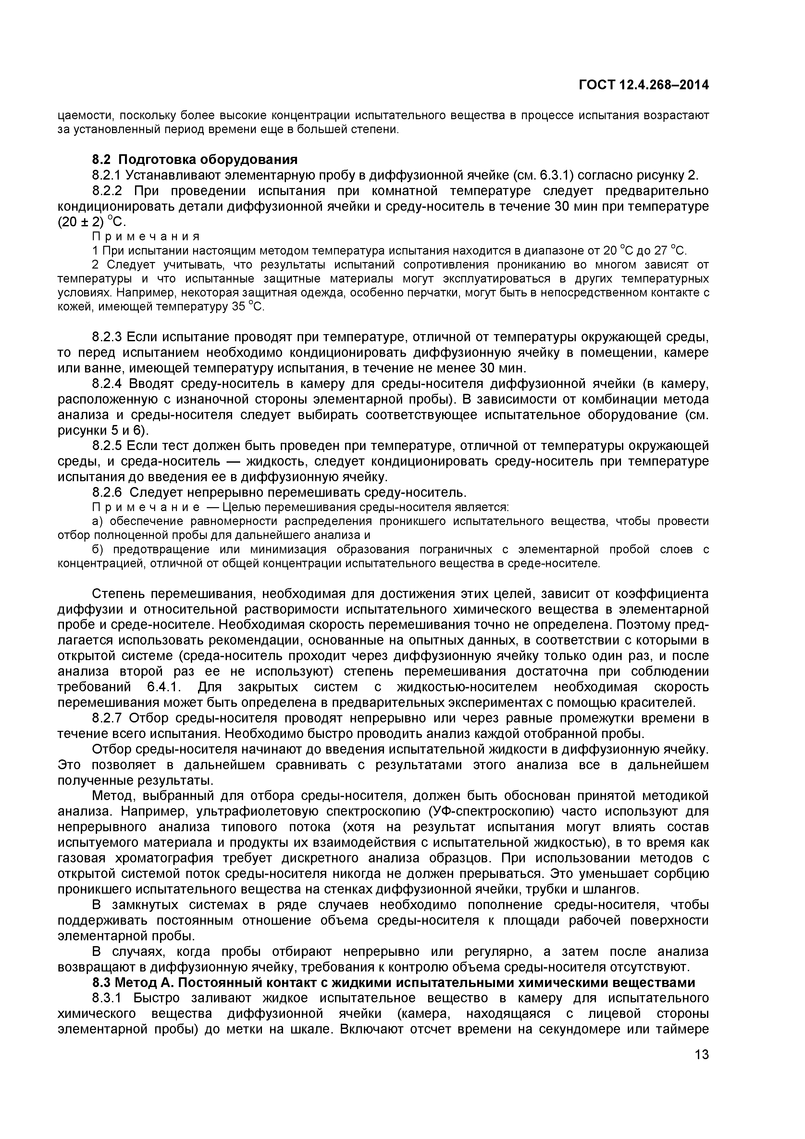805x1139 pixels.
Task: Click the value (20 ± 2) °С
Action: [92, 222]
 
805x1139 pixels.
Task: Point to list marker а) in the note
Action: [98, 521]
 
